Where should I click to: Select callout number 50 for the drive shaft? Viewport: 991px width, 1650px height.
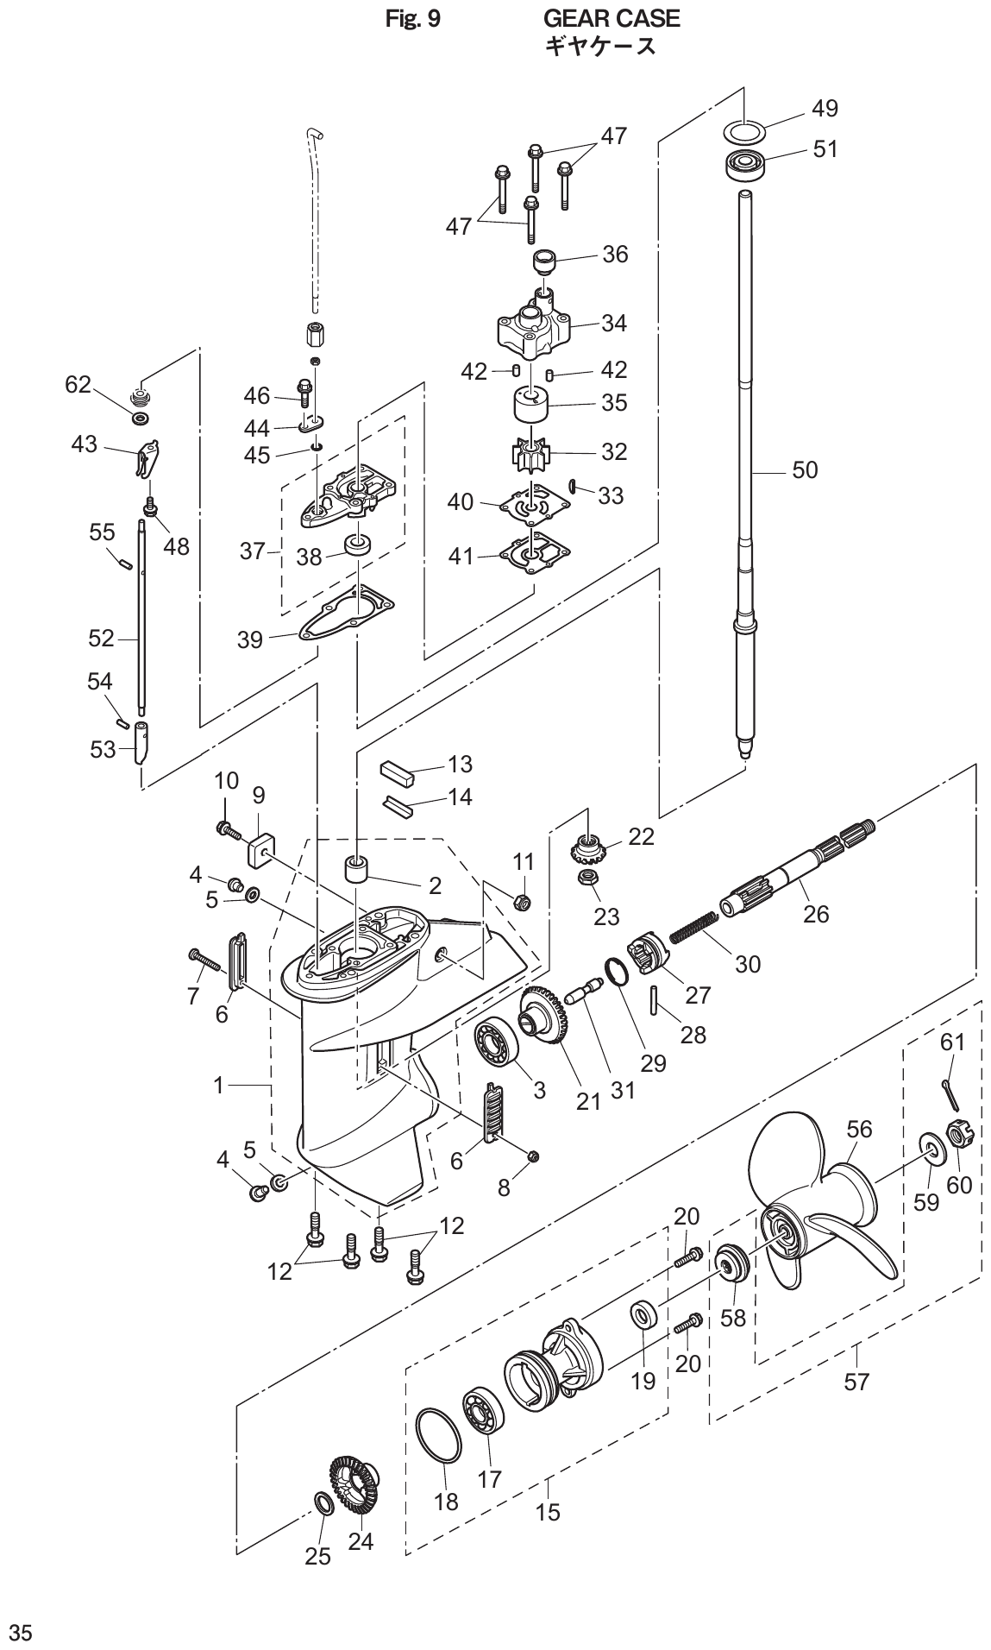(805, 470)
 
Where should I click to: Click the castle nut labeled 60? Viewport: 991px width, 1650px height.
(958, 1133)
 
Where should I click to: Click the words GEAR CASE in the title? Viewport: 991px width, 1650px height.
(612, 18)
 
